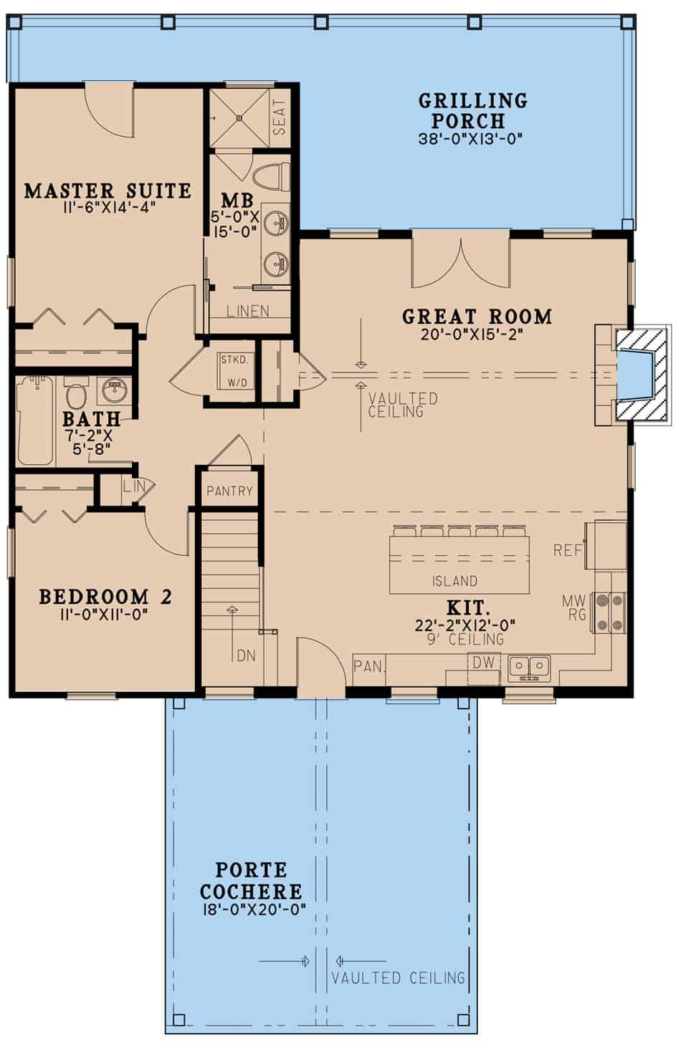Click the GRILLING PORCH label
[472, 110]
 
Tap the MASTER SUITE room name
[108, 191]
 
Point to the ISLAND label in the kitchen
[454, 581]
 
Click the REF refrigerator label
[566, 550]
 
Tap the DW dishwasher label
[483, 663]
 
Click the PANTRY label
[229, 491]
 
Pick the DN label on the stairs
[246, 655]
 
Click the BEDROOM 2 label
[105, 597]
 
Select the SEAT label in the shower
[280, 117]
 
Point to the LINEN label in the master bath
[247, 312]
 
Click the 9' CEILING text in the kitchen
[465, 640]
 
